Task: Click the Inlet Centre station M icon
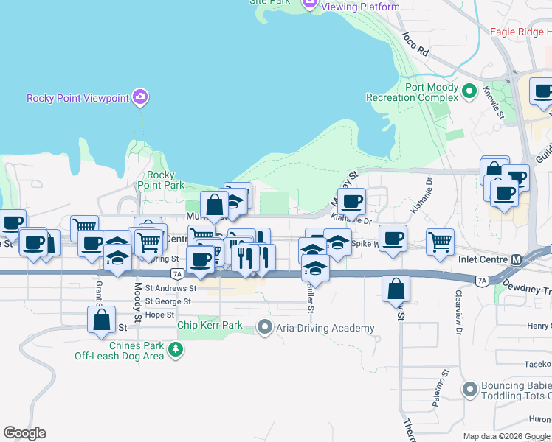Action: coord(516,260)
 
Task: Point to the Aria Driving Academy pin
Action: coord(265,327)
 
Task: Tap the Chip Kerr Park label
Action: coord(210,325)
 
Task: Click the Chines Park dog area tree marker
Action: coord(176,350)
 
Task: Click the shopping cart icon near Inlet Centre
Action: coord(440,242)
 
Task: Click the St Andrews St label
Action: coord(170,289)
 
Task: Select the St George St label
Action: coord(168,301)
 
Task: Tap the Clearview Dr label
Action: coord(458,320)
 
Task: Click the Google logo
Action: coord(24,433)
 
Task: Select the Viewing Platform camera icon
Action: coord(310,4)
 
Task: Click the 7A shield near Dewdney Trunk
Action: coord(482,281)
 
